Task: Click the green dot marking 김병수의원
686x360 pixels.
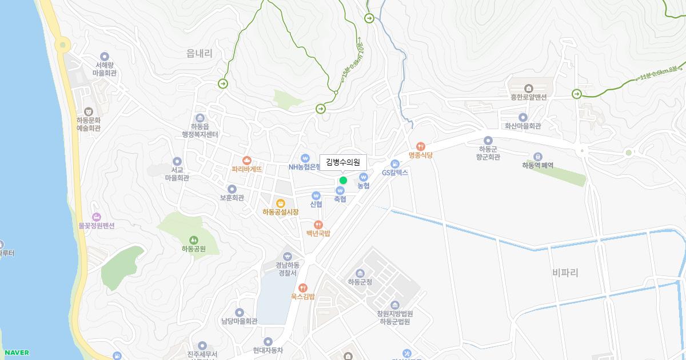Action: click(343, 181)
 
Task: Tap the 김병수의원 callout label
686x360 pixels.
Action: click(343, 162)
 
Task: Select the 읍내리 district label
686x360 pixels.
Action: click(200, 54)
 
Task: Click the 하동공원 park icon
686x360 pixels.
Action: click(193, 239)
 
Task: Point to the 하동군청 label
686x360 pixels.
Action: click(360, 282)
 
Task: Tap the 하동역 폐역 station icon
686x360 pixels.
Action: click(537, 156)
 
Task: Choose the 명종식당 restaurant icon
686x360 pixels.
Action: click(421, 146)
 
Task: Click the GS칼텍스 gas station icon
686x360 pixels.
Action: click(395, 163)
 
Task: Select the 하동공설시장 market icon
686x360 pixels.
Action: click(281, 203)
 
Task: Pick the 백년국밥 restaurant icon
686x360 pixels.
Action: click(318, 225)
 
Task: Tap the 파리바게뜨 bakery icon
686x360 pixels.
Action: click(247, 161)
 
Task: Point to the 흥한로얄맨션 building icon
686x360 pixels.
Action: click(529, 88)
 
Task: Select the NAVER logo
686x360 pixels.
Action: click(16, 353)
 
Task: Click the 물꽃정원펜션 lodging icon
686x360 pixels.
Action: click(97, 217)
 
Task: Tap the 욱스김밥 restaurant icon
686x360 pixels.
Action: click(302, 287)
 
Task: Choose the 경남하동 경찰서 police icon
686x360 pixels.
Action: click(287, 255)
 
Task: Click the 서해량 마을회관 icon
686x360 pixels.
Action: click(105, 56)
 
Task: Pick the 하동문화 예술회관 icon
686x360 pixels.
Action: click(89, 111)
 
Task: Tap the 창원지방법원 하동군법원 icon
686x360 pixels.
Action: click(395, 305)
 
